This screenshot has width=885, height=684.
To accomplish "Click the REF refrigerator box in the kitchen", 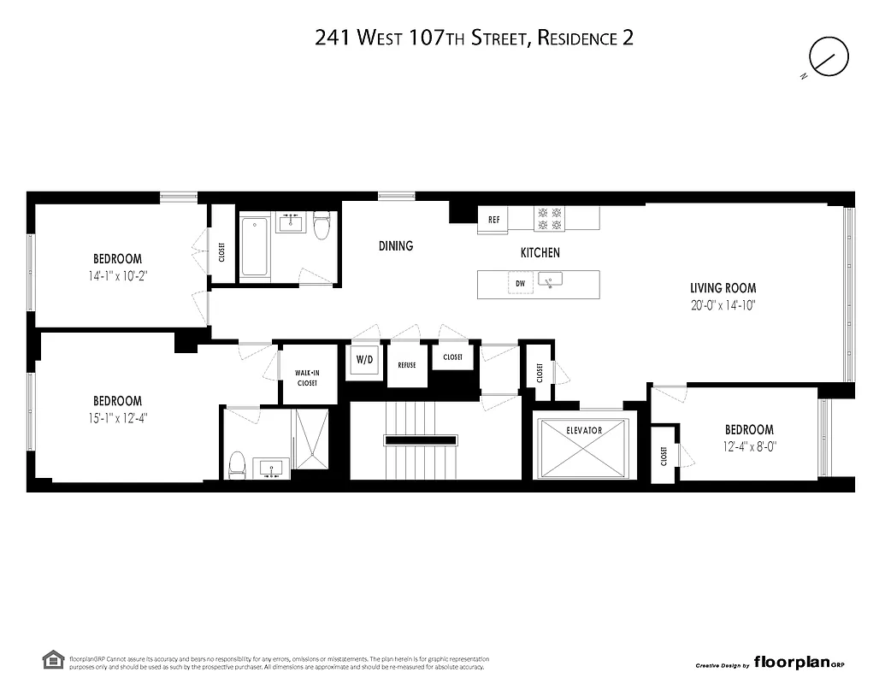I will click(x=493, y=220).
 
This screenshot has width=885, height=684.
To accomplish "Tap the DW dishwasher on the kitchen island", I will click(x=519, y=283).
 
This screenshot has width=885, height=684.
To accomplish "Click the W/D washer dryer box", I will click(x=365, y=360).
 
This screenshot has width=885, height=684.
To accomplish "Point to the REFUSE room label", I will click(x=406, y=365).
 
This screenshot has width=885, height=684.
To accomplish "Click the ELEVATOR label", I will click(x=584, y=430).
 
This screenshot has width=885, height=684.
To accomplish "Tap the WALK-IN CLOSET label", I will click(x=306, y=378).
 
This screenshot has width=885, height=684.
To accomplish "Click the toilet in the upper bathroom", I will click(x=322, y=227).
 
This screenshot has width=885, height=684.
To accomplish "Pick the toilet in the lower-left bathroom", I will click(x=237, y=465).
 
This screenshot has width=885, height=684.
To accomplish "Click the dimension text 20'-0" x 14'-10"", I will click(x=723, y=304).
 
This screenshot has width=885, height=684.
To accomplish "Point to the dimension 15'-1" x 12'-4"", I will click(x=117, y=417).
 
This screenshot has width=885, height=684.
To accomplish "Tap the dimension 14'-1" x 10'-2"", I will click(x=117, y=275).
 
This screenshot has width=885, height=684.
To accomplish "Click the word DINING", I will click(x=396, y=246).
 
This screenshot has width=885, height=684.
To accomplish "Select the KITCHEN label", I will click(x=540, y=252).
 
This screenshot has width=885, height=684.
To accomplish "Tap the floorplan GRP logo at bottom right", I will click(x=799, y=663).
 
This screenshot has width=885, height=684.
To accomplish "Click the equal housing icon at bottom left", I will click(x=52, y=659).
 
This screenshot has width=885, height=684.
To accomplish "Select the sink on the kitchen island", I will click(x=553, y=280).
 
